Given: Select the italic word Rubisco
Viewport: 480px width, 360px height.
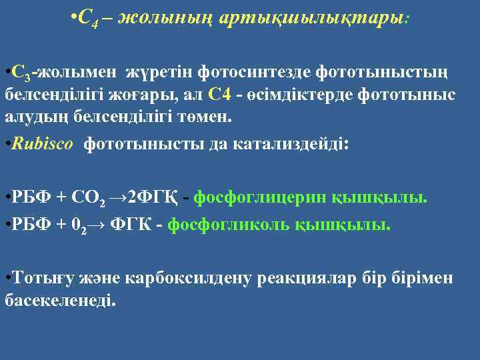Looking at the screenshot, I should [x=41, y=145].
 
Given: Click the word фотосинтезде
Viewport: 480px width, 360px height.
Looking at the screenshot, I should [x=259, y=71].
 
